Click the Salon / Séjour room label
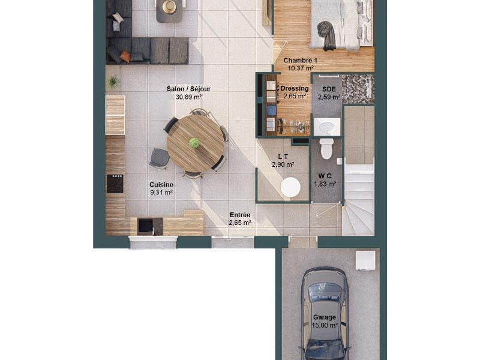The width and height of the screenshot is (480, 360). (x=188, y=89)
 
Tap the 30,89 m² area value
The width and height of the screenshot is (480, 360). (x=188, y=97)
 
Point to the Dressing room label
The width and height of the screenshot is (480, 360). (x=295, y=89)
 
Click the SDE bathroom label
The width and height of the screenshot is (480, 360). (x=329, y=89)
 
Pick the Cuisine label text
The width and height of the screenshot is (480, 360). (x=161, y=185)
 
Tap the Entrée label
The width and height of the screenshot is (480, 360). (x=240, y=215)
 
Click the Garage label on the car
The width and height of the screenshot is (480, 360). (x=324, y=318)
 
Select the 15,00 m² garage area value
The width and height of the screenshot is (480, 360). (x=325, y=325)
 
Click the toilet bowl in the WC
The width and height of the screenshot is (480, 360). (x=327, y=149)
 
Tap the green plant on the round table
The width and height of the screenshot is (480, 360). (x=194, y=143)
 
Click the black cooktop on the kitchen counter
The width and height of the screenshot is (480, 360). (x=115, y=184)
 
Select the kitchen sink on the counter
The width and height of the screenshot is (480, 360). (x=145, y=226)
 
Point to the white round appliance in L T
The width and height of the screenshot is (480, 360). (x=291, y=187)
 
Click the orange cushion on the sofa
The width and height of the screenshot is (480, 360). (x=125, y=56)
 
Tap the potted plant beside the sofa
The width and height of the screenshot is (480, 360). (x=114, y=82)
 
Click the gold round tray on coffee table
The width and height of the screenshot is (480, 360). (x=169, y=6)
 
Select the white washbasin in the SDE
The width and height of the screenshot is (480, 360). (x=327, y=126)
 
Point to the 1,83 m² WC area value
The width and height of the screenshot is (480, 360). (x=325, y=184)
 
